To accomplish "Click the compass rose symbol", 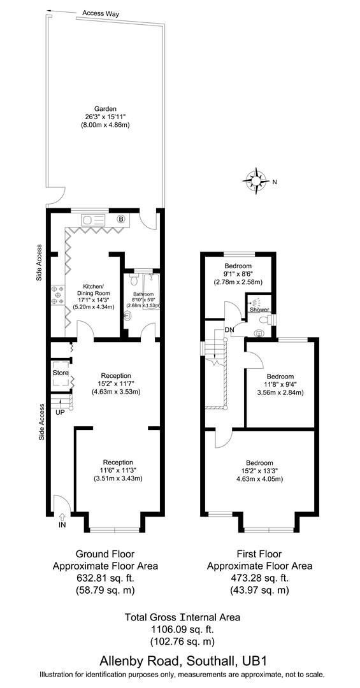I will pyautogui.click(x=257, y=180).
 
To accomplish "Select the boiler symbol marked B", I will pyautogui.click(x=120, y=220).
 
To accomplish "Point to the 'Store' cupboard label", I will pyautogui.click(x=61, y=373).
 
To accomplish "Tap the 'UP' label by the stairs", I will pyautogui.click(x=61, y=413).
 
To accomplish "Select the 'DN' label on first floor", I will pyautogui.click(x=229, y=329).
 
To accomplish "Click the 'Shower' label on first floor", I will pyautogui.click(x=259, y=310).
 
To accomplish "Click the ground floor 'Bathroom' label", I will pyautogui.click(x=143, y=294).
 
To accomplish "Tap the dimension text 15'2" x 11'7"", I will pyautogui.click(x=115, y=383).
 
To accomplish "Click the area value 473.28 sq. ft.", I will pyautogui.click(x=259, y=578).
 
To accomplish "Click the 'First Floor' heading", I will pyautogui.click(x=259, y=554).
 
